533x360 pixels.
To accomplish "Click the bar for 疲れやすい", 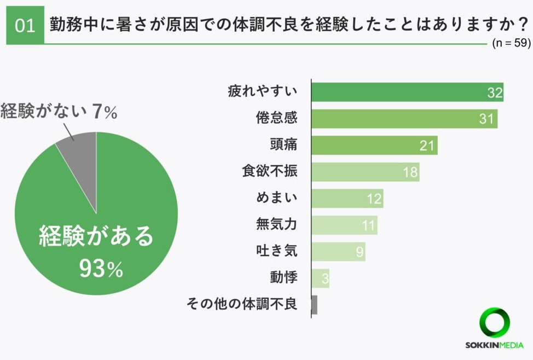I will coord(407,92).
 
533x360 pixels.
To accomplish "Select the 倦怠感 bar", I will coord(404,119).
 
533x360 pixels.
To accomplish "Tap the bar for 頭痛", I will coord(374,145).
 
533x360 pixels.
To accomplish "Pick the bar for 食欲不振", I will coord(364,172).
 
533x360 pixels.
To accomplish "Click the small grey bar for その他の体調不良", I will coord(314,305).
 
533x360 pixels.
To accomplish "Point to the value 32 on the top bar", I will coord(495,93).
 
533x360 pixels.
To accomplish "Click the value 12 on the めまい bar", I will coord(374,199).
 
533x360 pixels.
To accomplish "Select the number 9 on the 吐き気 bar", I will coord(359,252).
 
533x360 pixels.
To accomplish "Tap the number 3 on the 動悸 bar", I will coord(325,279).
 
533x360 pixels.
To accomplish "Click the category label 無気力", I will coord(276,224).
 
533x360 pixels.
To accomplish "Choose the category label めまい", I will coord(276,198).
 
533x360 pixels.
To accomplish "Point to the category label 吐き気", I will coord(276,251).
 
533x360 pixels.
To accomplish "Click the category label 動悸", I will coord(283,277).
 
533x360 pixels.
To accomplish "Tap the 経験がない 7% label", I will coord(59,112).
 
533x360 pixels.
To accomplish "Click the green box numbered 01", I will coord(25,25).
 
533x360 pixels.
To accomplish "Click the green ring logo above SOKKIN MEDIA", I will coord(494,323).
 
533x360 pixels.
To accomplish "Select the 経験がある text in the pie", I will coord(97,237).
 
